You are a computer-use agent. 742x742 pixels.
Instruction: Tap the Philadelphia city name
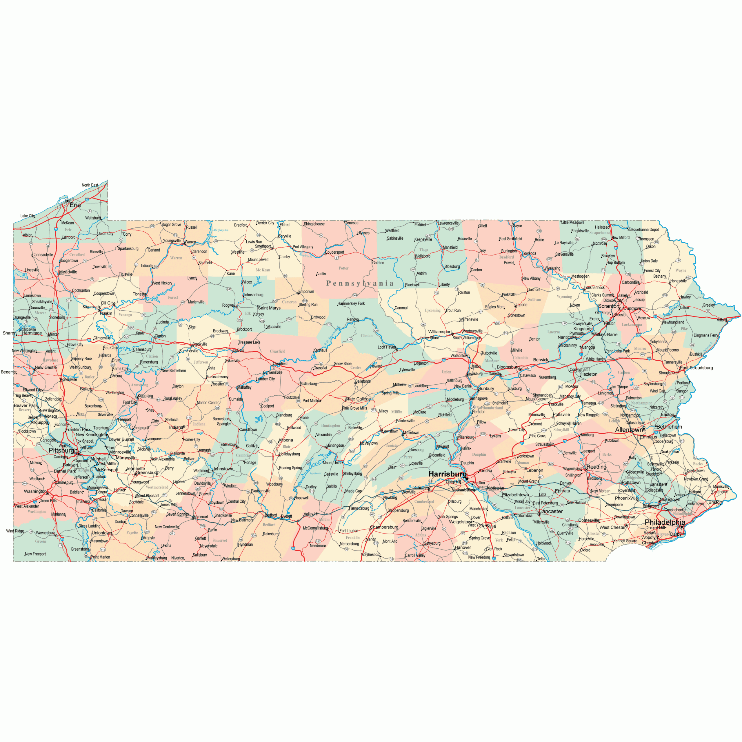click(x=665, y=522)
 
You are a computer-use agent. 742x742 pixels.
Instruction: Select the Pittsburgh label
click(x=63, y=450)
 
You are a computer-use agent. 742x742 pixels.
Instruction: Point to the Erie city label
click(x=75, y=205)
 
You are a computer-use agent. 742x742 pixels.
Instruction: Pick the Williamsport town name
click(x=440, y=332)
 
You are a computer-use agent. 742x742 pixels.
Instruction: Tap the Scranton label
click(x=608, y=306)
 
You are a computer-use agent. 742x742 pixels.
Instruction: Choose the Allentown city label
click(x=629, y=430)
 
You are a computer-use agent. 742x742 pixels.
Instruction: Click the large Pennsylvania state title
click(x=360, y=283)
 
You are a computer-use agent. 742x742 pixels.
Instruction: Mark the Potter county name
click(x=344, y=268)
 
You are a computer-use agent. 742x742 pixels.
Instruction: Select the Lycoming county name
click(x=433, y=310)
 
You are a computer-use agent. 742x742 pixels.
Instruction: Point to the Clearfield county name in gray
click(x=277, y=351)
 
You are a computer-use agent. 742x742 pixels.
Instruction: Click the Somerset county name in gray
click(x=220, y=540)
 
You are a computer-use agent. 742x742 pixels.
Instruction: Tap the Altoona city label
click(x=285, y=440)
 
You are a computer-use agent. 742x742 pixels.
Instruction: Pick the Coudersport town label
click(x=334, y=252)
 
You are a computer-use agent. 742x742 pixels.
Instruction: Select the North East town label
click(x=90, y=185)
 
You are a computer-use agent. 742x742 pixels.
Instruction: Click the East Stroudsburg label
click(x=696, y=368)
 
